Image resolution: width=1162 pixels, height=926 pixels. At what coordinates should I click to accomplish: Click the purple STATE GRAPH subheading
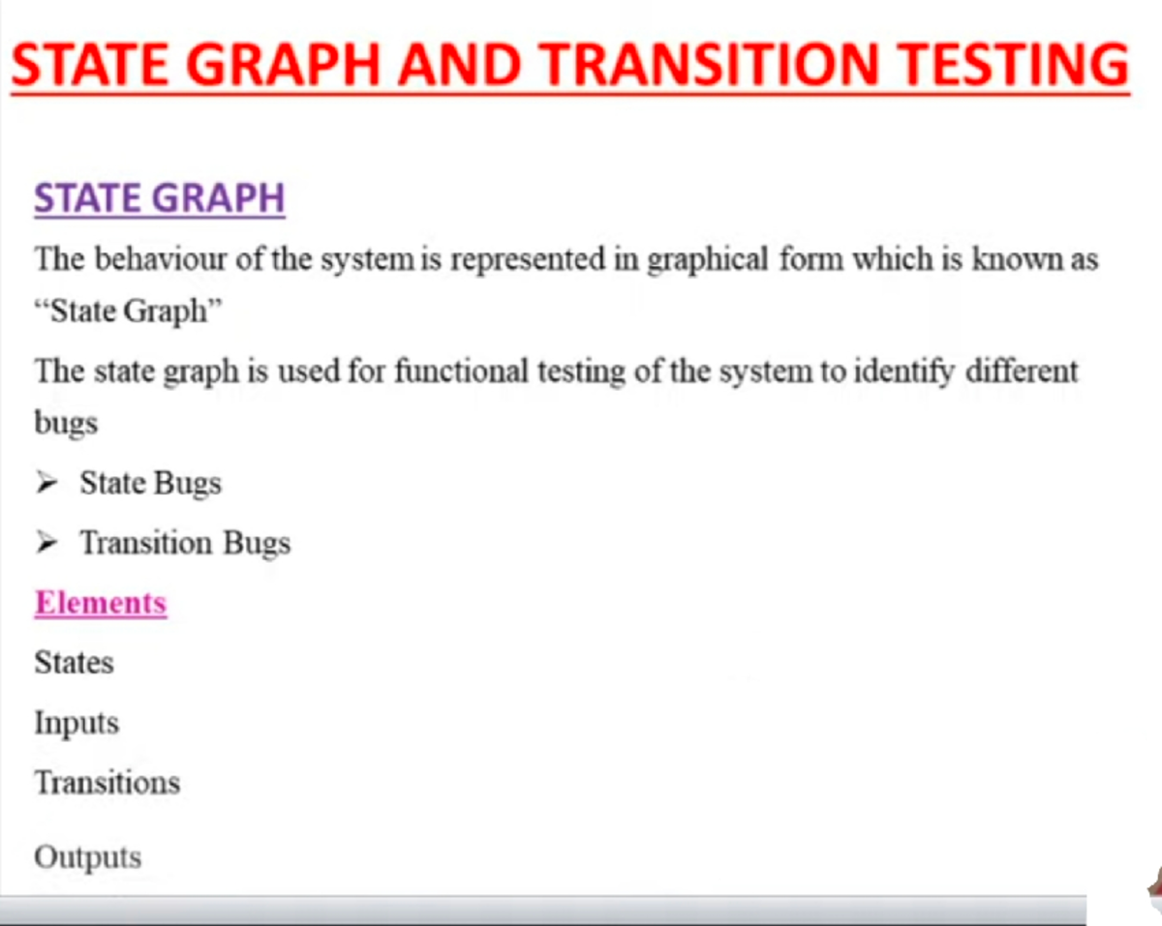point(160,198)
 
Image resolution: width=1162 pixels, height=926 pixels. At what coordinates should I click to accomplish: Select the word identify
point(904,371)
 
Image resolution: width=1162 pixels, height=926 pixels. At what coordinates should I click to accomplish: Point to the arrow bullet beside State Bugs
point(46,483)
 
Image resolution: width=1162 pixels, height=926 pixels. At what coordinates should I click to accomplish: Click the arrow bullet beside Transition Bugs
point(46,543)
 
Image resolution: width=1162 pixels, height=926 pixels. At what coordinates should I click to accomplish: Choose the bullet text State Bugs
point(150,483)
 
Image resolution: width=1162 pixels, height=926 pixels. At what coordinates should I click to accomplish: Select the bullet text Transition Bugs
point(185,543)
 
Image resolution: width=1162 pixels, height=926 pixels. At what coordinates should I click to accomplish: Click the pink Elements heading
point(101,603)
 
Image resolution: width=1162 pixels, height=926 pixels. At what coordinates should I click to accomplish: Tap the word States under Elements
point(74,663)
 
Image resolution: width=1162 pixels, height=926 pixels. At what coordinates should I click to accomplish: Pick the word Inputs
point(76,724)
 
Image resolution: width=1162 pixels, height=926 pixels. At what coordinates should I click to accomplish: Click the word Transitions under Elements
point(107,782)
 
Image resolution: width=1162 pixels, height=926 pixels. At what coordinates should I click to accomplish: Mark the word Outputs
point(87,857)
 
